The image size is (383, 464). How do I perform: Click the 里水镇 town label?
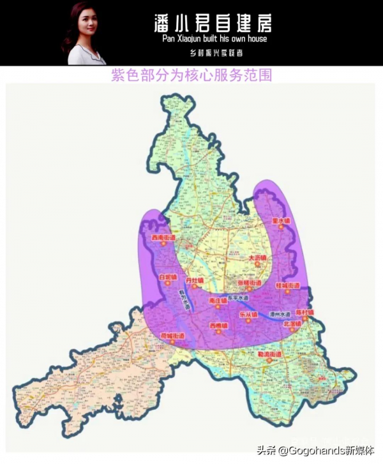pos(281,220)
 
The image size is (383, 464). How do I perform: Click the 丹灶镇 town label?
pos(194,280)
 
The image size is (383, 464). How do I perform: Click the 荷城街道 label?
pos(172,335)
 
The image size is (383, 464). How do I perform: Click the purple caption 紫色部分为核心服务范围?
pos(191,75)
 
